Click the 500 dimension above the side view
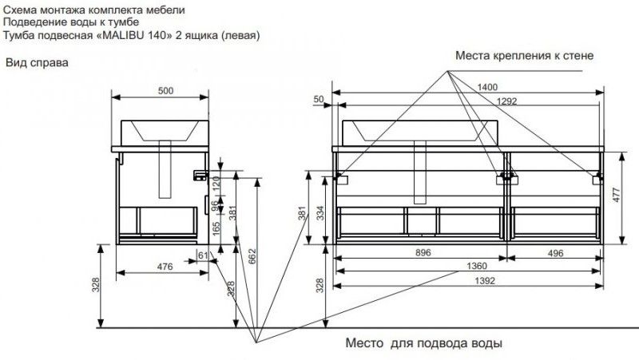coord(165,91)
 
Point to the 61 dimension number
coord(202,255)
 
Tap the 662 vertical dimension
coord(252,257)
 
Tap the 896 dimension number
coord(423,253)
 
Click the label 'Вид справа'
coord(37,62)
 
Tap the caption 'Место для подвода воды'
coord(423,345)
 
